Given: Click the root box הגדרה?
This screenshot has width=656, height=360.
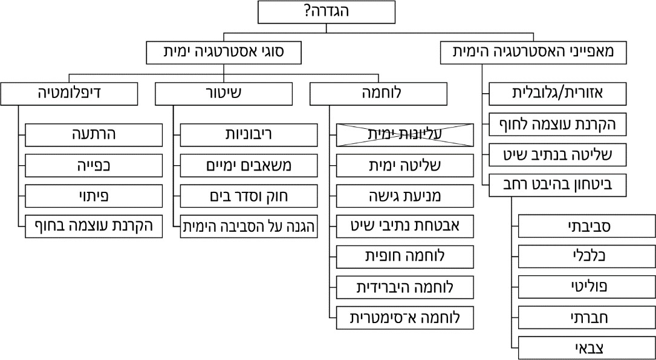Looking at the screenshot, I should (x=326, y=11).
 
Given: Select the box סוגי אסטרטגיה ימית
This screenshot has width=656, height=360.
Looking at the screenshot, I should (x=224, y=53).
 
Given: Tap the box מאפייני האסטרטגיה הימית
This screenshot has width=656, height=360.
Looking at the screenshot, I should (x=533, y=53).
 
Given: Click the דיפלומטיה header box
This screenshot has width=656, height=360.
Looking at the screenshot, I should (x=69, y=94).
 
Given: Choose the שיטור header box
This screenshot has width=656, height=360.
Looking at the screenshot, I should (x=224, y=94).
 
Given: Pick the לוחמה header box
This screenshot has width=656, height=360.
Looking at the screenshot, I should (x=378, y=94).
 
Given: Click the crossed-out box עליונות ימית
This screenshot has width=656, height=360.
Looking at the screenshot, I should (x=404, y=135).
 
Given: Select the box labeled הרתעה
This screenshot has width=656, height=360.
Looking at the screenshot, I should (x=94, y=135).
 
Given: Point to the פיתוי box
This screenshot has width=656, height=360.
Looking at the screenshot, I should (x=94, y=196).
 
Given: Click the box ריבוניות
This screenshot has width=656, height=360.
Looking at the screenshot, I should (x=249, y=135).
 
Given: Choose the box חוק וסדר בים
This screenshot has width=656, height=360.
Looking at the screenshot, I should (x=249, y=196).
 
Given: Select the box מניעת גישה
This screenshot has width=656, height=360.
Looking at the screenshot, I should (x=404, y=196).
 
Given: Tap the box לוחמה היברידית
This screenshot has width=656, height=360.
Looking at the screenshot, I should (x=404, y=287).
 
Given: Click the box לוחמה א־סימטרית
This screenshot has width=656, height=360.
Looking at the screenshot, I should (x=404, y=317).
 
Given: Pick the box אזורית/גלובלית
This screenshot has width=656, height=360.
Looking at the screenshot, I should (x=557, y=94).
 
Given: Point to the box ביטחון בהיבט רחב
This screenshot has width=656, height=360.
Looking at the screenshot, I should (x=557, y=185).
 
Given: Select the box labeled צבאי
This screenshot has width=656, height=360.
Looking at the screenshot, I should (x=586, y=348).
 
